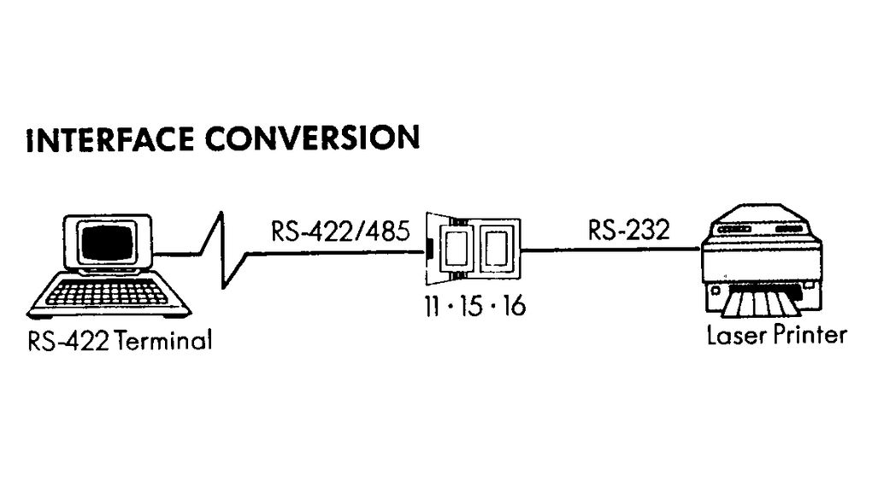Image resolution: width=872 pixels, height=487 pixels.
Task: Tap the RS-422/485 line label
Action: coord(334,231)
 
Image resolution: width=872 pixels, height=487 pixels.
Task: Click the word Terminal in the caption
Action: coord(162,342)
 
